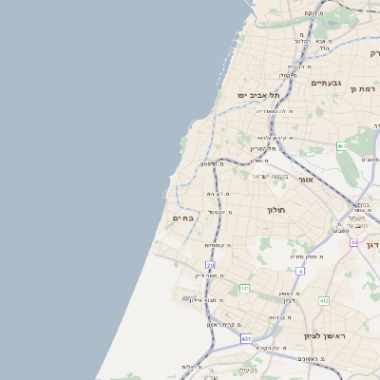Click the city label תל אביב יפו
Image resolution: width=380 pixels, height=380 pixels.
click(x=258, y=95)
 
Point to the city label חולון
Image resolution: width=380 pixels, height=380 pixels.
click(x=275, y=209)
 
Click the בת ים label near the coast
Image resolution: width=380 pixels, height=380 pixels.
click(x=182, y=218)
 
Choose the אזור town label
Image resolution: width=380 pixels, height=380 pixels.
click(x=306, y=179)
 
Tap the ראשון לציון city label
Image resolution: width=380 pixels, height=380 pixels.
click(x=324, y=336)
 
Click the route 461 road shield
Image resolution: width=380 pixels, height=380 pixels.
click(x=341, y=146)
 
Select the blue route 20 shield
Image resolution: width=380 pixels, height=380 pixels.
click(x=210, y=265)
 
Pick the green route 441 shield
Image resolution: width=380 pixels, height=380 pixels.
click(x=244, y=288)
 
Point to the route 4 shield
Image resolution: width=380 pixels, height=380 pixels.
click(x=300, y=271)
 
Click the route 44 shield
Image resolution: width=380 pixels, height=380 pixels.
click(x=353, y=242)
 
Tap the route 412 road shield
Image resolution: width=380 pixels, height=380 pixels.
click(x=324, y=300)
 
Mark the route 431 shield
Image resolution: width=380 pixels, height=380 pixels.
click(x=246, y=338)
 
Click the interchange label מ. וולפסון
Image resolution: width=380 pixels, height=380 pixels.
click(x=212, y=163)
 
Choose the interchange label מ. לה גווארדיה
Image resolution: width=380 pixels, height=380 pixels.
click(x=275, y=111)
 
